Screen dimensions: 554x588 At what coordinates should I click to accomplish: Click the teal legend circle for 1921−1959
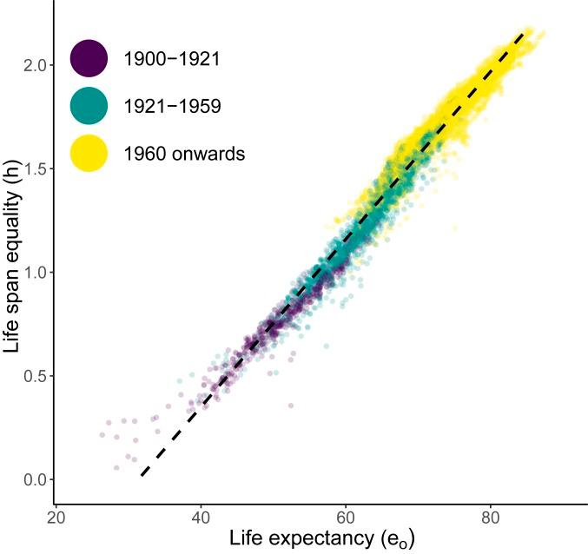pyautogui.click(x=89, y=106)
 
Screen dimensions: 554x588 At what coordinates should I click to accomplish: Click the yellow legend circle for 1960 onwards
pyautogui.click(x=89, y=154)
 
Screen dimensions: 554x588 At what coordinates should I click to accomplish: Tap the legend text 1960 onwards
pyautogui.click(x=185, y=155)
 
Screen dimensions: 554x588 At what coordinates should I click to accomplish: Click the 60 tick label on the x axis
pyautogui.click(x=346, y=514)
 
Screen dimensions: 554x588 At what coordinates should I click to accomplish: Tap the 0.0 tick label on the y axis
pyautogui.click(x=32, y=479)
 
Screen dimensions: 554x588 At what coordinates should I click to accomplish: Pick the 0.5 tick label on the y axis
pyautogui.click(x=32, y=376)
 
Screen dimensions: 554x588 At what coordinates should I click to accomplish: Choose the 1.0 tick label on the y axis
pyautogui.click(x=32, y=273)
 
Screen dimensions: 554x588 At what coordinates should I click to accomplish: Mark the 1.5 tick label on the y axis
pyautogui.click(x=32, y=168)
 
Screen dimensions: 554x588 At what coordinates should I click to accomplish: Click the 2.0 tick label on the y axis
pyautogui.click(x=32, y=65)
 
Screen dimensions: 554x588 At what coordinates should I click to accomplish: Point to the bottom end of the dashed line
pyautogui.click(x=142, y=475)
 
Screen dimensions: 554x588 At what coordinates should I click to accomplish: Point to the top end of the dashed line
pyautogui.click(x=522, y=33)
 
